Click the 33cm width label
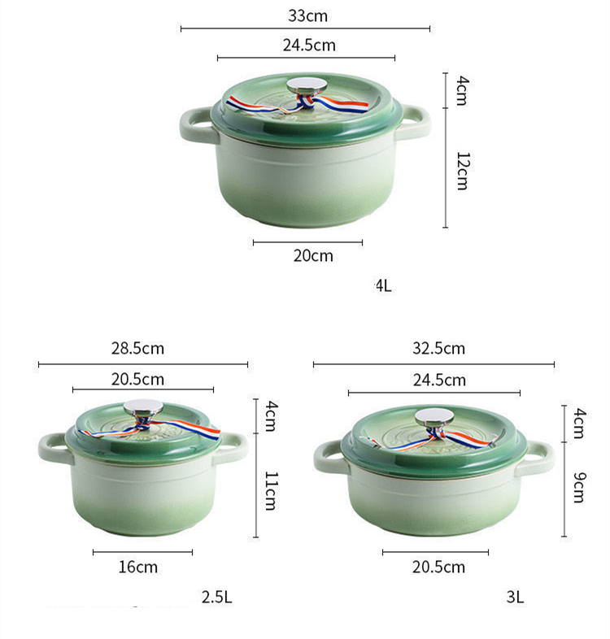point(307,16)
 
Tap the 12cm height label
point(464,172)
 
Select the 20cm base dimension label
point(313,255)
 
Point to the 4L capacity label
point(383,285)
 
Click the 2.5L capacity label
point(216,597)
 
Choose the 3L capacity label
point(515,597)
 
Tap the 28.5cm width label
point(137,349)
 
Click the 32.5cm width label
point(438,349)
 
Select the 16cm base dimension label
point(137,567)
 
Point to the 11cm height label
point(272,491)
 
